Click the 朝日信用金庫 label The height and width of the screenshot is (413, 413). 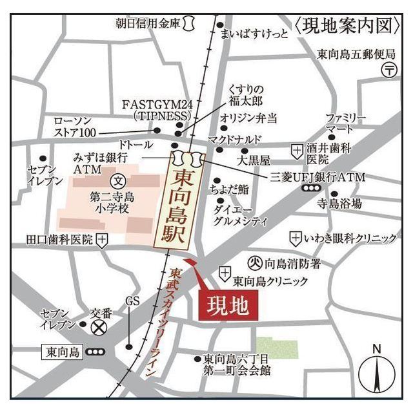[148, 23]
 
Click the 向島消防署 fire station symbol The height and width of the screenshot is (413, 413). [256, 263]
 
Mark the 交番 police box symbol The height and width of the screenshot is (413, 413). [99, 328]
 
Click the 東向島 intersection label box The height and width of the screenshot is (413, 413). [63, 352]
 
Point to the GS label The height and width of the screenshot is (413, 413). [132, 302]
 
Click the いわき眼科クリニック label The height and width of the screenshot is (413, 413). [351, 238]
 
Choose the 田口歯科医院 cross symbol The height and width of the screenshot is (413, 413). [101, 240]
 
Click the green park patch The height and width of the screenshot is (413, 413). [277, 347]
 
